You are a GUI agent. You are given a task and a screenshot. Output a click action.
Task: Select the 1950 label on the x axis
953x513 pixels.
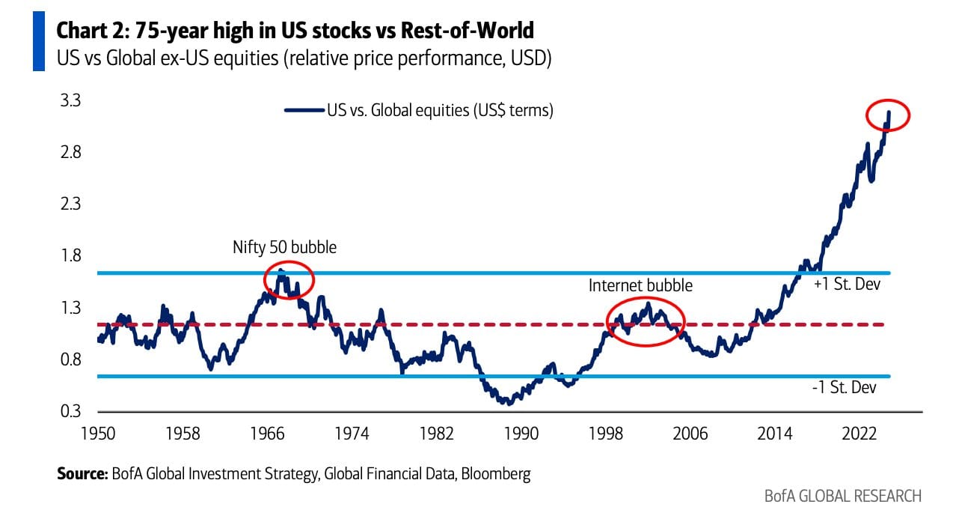tap(97, 434)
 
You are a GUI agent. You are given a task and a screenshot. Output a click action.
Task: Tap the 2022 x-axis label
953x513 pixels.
tap(860, 434)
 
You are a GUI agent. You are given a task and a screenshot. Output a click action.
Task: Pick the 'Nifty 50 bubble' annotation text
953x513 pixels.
tap(284, 246)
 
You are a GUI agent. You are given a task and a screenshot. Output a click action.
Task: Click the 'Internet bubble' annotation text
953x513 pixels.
tap(640, 285)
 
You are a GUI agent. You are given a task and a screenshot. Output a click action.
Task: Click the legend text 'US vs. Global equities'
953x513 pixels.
tap(439, 111)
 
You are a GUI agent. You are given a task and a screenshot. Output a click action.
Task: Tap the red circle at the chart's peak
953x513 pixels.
tap(887, 115)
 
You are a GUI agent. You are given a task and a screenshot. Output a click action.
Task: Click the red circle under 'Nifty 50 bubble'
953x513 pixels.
tap(289, 280)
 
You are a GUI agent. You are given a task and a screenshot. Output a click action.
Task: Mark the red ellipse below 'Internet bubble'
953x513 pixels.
tap(645, 321)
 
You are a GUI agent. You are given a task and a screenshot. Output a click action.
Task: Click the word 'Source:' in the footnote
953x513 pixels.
tap(83, 474)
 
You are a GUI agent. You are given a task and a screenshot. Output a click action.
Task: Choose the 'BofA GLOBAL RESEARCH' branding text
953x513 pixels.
tap(843, 496)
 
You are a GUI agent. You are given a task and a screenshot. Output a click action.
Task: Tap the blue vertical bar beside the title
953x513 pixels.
tap(39, 43)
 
